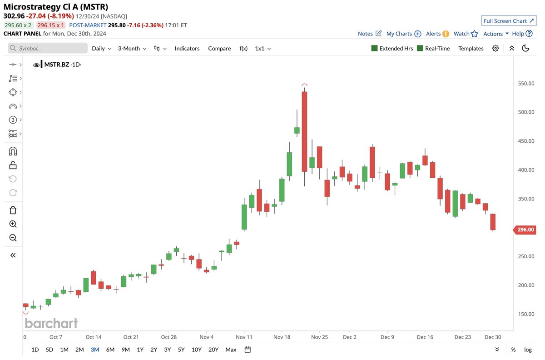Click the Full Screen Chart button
pos(509,21)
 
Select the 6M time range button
pos(110,350)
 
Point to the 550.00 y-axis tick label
pos(525,84)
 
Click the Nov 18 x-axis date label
pos(282,337)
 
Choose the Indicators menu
pos(187,48)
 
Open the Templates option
pos(471,48)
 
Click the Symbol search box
pos(48,48)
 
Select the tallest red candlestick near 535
pos(304,131)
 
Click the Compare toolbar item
pos(219,48)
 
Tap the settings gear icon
pos(495,48)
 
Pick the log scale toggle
pos(528,350)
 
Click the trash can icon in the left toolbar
pos(13,210)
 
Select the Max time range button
pos(231,350)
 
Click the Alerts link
pos(433,34)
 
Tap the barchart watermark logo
pos(51,323)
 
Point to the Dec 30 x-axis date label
pos(492,337)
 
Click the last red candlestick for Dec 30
pos(493,222)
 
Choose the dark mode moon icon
pos(525,48)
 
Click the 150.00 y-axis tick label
pos(525,314)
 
